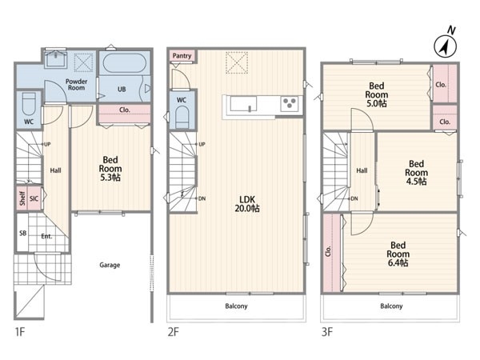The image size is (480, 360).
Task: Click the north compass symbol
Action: (x=445, y=46)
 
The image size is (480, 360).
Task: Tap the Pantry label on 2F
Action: (x=182, y=56)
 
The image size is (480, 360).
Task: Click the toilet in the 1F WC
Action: (x=29, y=104)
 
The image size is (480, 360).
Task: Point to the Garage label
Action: (x=110, y=265)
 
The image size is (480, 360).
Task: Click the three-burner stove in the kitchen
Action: (x=290, y=103)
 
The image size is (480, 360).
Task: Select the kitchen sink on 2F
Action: (x=244, y=104)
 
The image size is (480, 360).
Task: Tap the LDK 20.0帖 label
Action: (x=247, y=204)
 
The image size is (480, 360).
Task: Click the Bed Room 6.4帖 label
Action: (x=398, y=254)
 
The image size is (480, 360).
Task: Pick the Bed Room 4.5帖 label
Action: (x=416, y=173)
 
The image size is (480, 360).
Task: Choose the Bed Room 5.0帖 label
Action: (x=377, y=94)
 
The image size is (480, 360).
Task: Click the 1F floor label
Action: (x=20, y=332)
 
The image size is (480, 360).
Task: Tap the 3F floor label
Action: (x=327, y=332)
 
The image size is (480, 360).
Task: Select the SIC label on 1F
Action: (x=34, y=198)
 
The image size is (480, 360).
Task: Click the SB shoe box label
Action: (x=23, y=234)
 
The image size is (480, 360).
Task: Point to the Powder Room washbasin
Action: (x=56, y=58)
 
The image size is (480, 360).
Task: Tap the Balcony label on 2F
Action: (x=236, y=306)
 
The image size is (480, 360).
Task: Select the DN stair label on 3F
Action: (x=354, y=198)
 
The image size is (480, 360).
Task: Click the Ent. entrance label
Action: (x=46, y=236)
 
